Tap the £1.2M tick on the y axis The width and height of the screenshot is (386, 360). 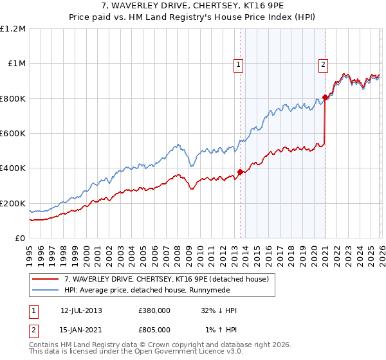[x=14, y=29]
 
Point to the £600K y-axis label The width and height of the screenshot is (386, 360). [x=13, y=134]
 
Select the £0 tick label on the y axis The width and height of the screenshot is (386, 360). [x=21, y=239]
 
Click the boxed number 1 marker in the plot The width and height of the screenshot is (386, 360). [x=239, y=64]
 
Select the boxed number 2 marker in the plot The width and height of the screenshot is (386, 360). [x=322, y=64]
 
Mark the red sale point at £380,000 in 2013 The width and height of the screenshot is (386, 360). [x=240, y=172]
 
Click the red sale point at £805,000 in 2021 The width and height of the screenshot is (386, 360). [x=325, y=98]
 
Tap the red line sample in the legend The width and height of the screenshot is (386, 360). [x=46, y=279]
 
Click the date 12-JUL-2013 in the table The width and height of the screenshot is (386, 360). [x=81, y=310]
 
